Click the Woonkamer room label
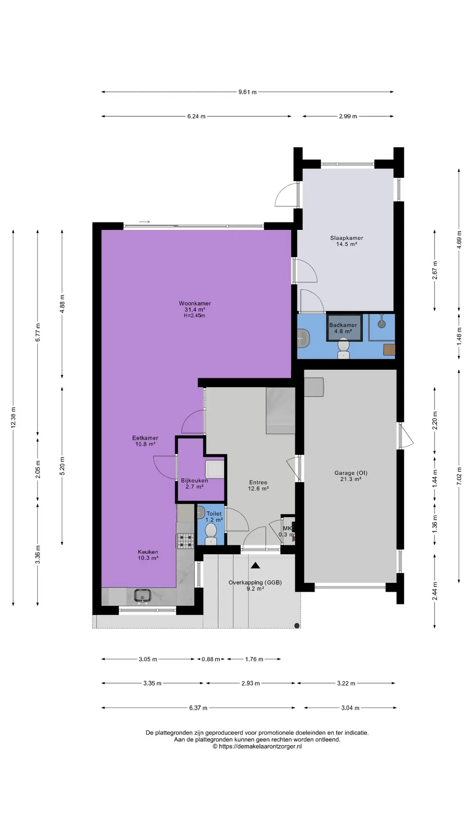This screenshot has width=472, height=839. point(195,303)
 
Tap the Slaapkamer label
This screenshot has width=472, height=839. point(347,238)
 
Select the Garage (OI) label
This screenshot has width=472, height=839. point(351,473)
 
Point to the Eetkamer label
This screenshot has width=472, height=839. point(145,438)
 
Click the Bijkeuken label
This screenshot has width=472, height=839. point(194,481)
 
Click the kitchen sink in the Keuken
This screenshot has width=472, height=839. point(142,595)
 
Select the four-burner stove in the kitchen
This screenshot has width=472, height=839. point(185,541)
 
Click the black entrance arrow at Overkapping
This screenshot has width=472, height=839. point(256,565)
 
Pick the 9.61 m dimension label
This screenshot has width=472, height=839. point(247,92)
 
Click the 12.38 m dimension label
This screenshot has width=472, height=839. point(14,417)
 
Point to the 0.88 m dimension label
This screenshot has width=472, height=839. point(211,659)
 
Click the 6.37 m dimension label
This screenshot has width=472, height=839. point(198,708)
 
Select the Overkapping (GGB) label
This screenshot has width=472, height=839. point(255,582)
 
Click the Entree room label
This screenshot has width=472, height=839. point(258,482)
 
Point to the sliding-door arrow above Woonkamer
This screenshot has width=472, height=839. point(145,222)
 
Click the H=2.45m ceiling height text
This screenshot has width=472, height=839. point(194,315)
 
